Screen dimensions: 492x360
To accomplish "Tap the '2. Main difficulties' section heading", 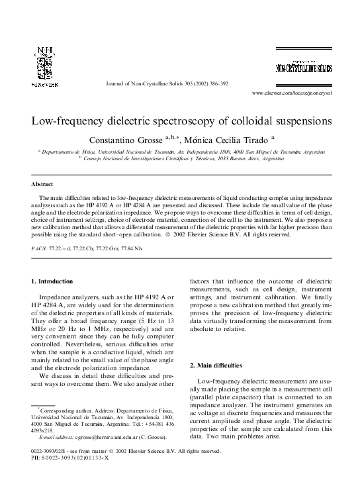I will [218, 365].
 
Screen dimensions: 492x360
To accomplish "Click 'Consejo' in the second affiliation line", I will [95, 160].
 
